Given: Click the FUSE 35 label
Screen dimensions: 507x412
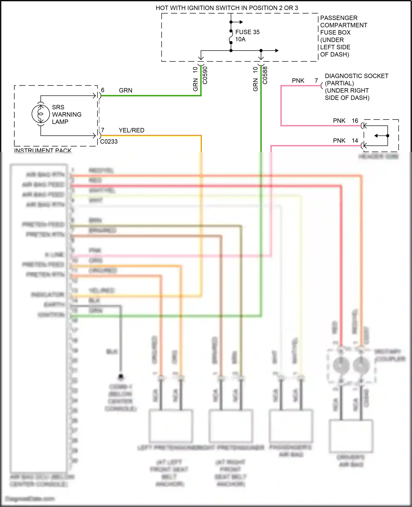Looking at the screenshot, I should click(x=247, y=32).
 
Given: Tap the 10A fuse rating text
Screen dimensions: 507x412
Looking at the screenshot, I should click(x=240, y=40).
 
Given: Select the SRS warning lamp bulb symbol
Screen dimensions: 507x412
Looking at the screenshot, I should click(x=41, y=114).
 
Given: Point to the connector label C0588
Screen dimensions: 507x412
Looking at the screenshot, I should click(x=265, y=75).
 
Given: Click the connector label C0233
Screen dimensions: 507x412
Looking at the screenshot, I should click(x=109, y=142).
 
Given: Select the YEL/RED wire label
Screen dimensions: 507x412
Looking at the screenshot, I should click(x=132, y=130).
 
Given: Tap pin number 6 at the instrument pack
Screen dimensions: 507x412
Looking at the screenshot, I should click(x=103, y=90).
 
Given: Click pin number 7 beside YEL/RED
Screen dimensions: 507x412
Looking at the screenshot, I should click(x=103, y=130).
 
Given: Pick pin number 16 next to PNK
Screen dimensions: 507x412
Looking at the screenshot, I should click(x=355, y=121).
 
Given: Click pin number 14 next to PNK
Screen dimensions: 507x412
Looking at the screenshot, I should click(x=355, y=141).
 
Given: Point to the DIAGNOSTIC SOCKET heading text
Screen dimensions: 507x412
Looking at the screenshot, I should click(x=357, y=76).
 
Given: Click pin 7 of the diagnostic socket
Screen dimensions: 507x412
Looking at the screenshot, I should click(x=316, y=81).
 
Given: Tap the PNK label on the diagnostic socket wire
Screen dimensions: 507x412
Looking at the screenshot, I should click(x=298, y=81).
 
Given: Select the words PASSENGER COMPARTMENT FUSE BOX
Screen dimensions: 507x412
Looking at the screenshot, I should click(x=343, y=25).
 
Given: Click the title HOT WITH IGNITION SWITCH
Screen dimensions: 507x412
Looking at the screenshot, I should click(x=227, y=8).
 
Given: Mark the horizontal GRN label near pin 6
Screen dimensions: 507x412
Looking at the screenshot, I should click(x=126, y=91).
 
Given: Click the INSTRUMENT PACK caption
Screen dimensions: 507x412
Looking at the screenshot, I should click(x=43, y=150).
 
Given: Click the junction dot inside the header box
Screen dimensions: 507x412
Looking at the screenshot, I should click(x=388, y=136).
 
